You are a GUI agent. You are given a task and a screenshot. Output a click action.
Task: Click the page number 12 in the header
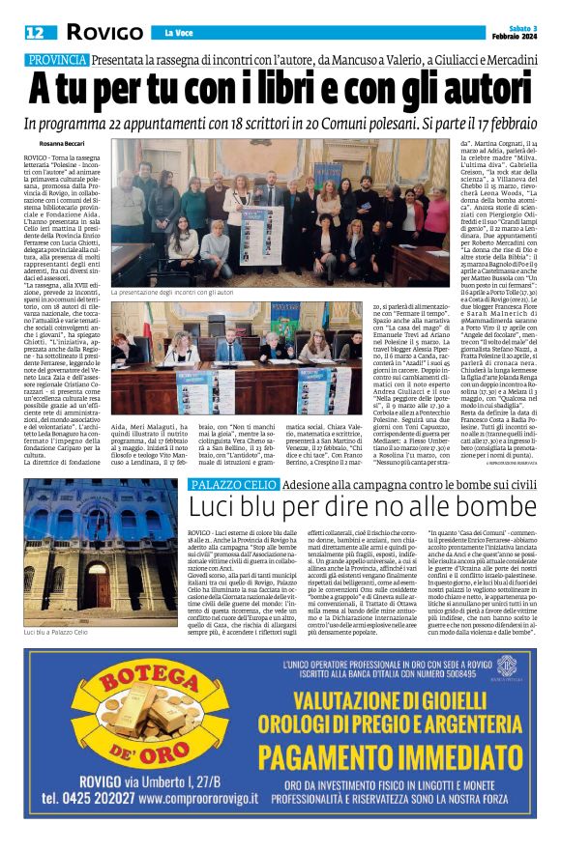pos(34,32)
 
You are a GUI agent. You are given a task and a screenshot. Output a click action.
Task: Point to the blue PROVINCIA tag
pos(56,59)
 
